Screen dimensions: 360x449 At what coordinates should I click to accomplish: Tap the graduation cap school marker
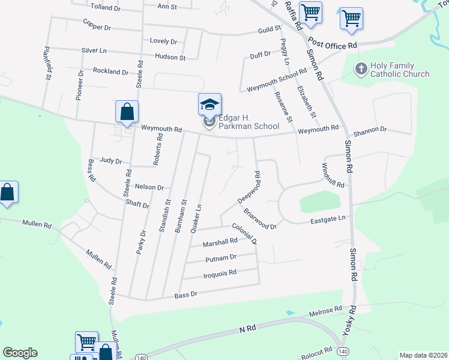(x=210, y=104)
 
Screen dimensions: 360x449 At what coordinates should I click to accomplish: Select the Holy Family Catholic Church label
(x=400, y=70)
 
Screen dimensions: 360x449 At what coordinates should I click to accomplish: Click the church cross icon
(x=361, y=69)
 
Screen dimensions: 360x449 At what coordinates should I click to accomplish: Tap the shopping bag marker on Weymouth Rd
(x=127, y=112)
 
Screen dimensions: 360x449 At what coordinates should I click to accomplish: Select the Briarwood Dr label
(x=260, y=218)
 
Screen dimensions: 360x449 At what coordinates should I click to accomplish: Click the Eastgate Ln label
(x=329, y=220)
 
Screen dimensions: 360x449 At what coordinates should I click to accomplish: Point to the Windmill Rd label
(x=333, y=175)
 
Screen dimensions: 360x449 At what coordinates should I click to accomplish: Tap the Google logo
(x=19, y=353)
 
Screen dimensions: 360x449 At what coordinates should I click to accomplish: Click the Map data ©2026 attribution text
(x=423, y=355)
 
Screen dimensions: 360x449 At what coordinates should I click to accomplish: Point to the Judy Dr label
(x=111, y=161)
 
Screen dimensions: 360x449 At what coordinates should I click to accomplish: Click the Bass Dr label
(x=185, y=294)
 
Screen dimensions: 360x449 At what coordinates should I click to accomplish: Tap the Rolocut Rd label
(x=316, y=353)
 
